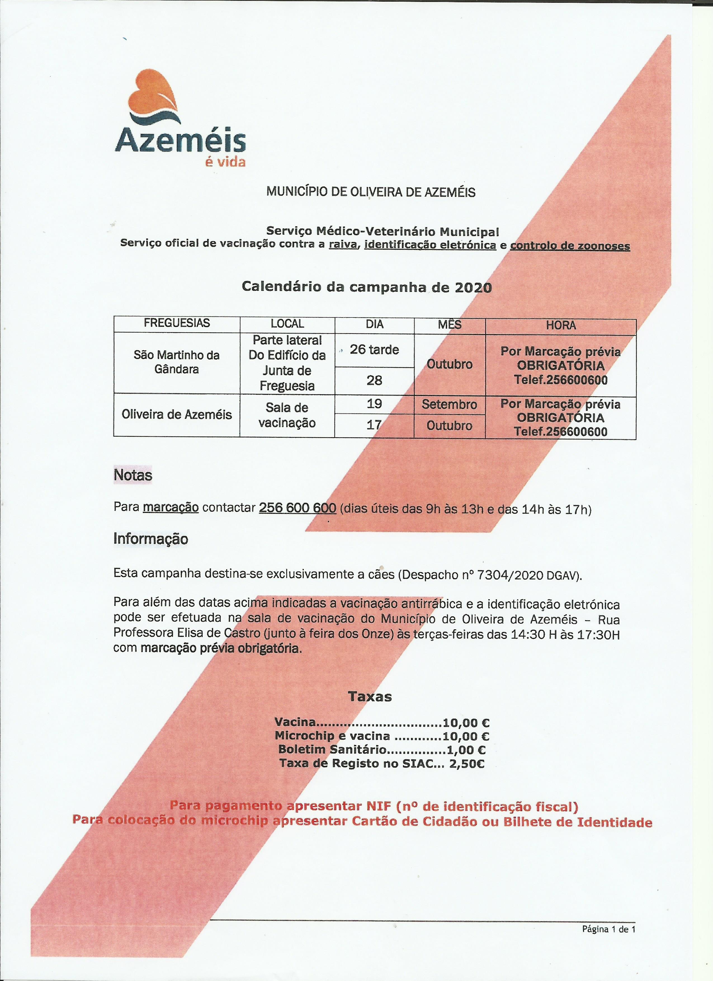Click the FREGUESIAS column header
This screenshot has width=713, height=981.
tap(177, 323)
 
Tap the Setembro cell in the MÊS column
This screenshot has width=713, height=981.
tap(449, 404)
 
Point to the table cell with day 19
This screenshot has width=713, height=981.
tap(374, 404)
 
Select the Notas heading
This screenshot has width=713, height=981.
tap(133, 475)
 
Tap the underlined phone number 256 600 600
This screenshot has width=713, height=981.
tap(298, 507)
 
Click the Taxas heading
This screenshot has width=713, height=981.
tap(370, 697)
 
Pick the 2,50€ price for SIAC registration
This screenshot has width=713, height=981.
tap(467, 763)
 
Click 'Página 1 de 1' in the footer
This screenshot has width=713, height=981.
tap(608, 929)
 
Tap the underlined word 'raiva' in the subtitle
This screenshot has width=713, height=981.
tap(343, 245)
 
